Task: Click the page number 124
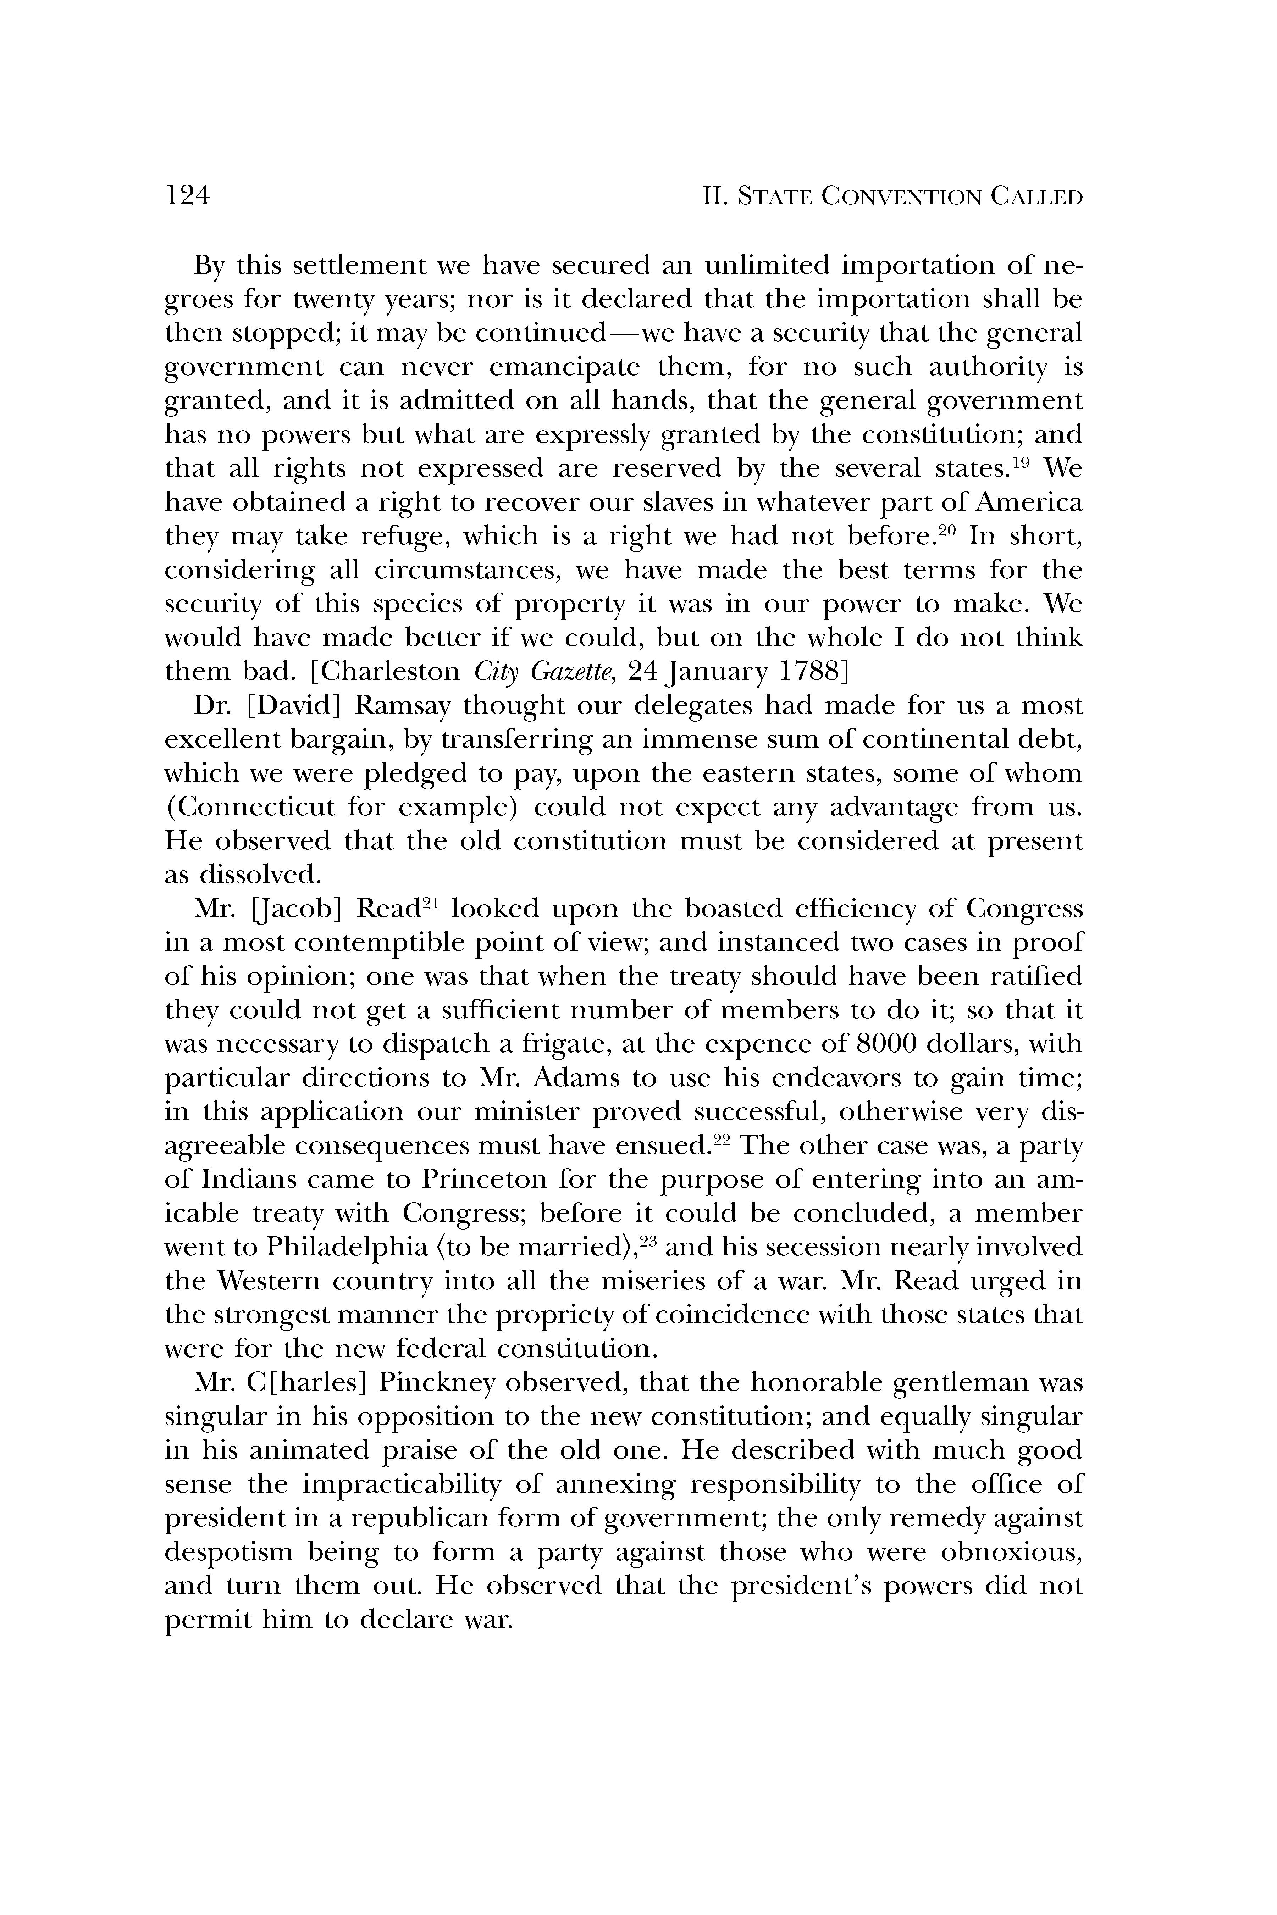188,196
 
